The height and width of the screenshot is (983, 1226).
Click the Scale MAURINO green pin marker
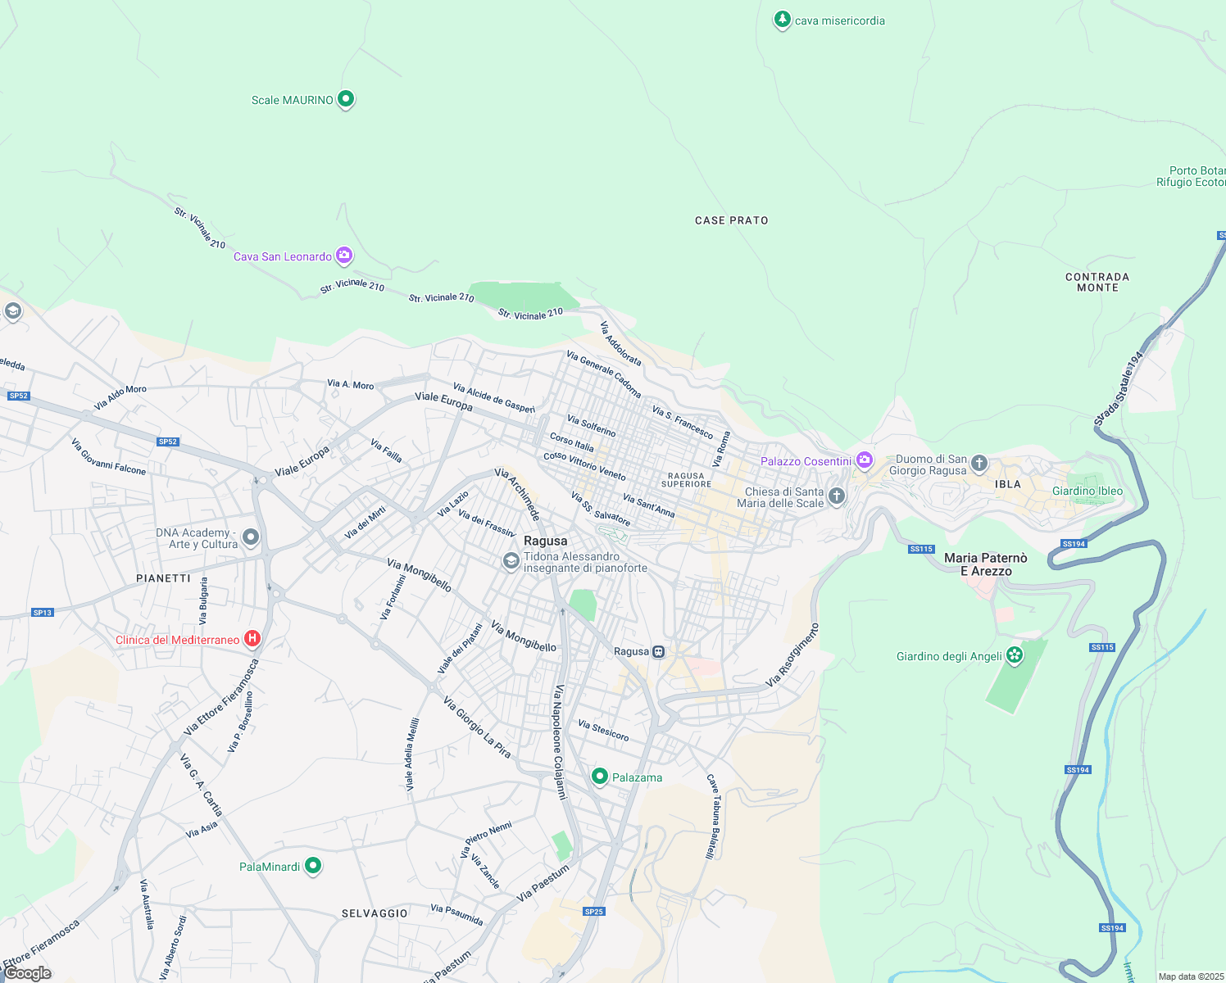point(346,99)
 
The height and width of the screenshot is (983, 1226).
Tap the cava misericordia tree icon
point(783,20)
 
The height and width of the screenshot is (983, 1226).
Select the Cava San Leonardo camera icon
point(344,256)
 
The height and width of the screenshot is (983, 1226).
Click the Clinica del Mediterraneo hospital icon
point(252,639)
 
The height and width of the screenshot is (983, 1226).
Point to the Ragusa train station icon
point(658,652)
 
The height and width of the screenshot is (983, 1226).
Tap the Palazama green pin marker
point(600,776)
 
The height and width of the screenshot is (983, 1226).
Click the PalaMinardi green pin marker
point(312,865)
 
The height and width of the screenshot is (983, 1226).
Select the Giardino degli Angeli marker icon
point(1015,655)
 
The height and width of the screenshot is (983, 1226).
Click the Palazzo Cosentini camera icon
point(864,460)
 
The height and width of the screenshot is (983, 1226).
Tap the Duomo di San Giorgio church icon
point(979,464)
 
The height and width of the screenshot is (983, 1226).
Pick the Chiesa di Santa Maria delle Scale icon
point(836,496)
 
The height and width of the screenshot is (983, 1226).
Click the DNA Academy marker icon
point(251,537)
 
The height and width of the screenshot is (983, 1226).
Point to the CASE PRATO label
point(731,220)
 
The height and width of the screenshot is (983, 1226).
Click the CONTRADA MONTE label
point(1097,283)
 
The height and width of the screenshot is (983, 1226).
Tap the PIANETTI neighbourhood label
point(163,578)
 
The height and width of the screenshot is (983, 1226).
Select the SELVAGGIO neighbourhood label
point(375,913)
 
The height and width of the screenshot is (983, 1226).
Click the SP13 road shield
point(42,613)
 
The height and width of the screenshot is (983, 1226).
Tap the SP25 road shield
point(594,912)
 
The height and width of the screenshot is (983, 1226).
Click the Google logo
point(28,973)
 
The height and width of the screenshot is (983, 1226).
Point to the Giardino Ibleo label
point(1087,491)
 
